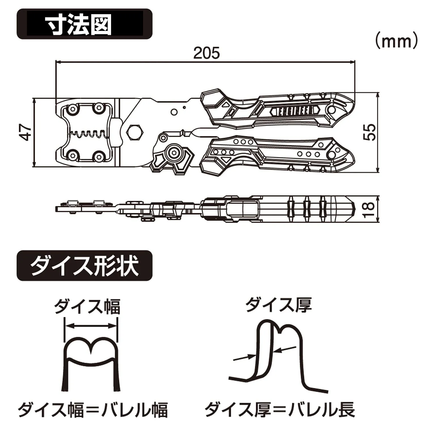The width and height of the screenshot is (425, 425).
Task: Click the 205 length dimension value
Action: [x=206, y=53]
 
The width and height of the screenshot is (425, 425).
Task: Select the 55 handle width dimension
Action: [x=370, y=132]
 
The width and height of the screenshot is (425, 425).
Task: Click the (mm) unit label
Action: [x=396, y=41]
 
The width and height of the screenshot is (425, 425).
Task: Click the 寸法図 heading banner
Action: [x=84, y=24]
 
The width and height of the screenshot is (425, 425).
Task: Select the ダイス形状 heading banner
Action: [x=84, y=265]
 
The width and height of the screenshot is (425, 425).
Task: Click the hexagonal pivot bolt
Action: [x=135, y=132]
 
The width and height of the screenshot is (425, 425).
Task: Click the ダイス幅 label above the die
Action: [x=87, y=306]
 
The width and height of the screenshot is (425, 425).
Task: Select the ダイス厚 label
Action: [x=279, y=305]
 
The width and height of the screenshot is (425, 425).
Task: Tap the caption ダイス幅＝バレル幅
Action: [x=93, y=410]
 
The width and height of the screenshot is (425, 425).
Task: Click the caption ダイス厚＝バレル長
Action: [x=280, y=410]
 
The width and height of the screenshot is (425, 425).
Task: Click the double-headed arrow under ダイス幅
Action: [x=91, y=326]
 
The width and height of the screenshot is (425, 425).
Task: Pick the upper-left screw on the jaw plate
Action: [x=73, y=109]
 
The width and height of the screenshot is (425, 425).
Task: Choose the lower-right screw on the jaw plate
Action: [x=98, y=156]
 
